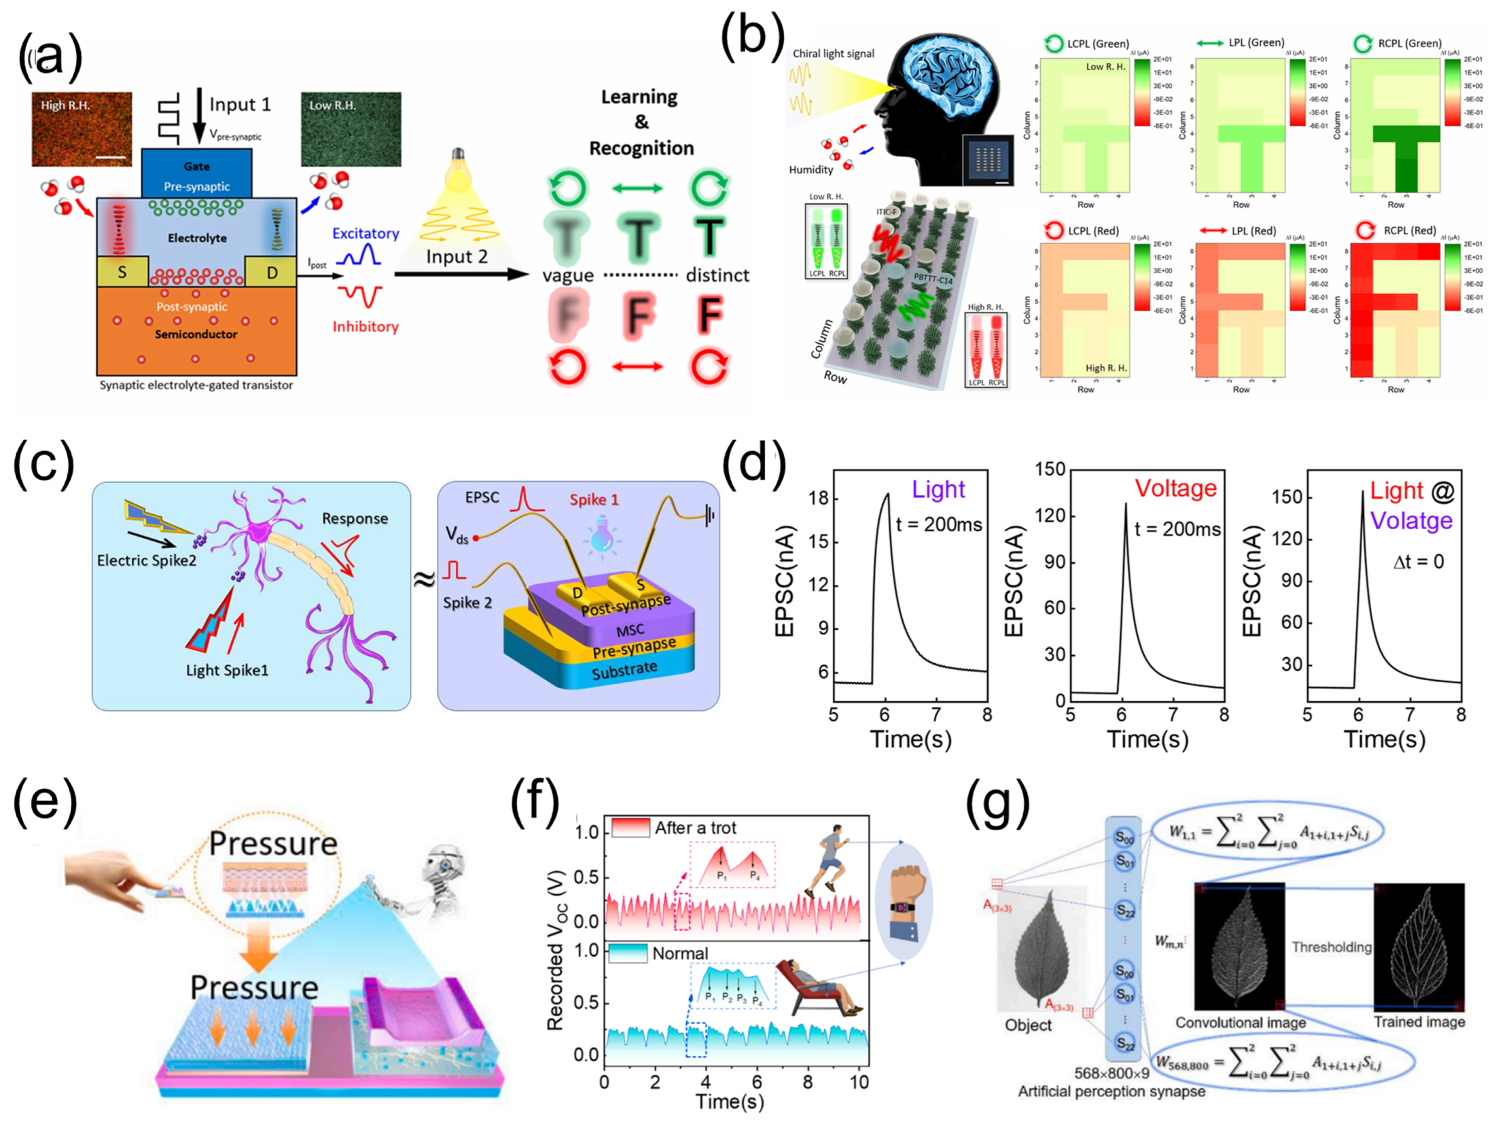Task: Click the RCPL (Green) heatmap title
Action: pos(1409,43)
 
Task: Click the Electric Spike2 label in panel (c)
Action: pos(147,560)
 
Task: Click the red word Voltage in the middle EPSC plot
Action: pos(1175,488)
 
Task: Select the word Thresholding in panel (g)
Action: pos(1331,947)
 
